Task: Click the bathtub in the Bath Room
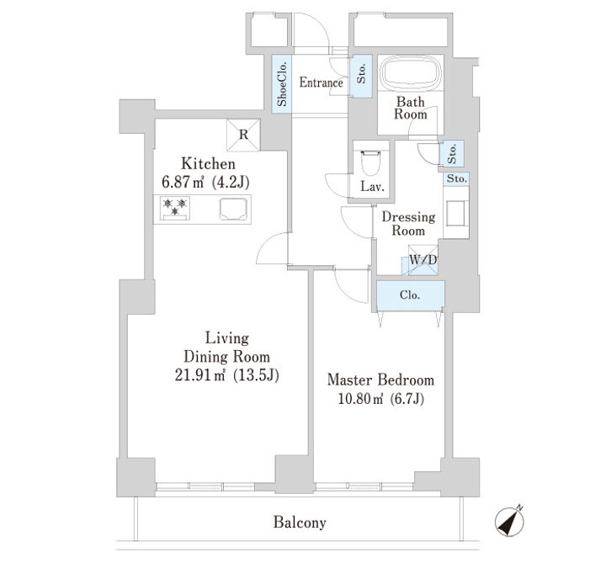pyautogui.click(x=410, y=73)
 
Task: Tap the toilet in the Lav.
pyautogui.click(x=370, y=162)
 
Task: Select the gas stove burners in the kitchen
pyautogui.click(x=175, y=208)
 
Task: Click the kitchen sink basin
pyautogui.click(x=233, y=209)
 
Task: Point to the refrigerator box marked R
pyautogui.click(x=243, y=135)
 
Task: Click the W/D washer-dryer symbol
pyautogui.click(x=423, y=260)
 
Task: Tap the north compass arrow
pyautogui.click(x=510, y=521)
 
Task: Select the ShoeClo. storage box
pyautogui.click(x=282, y=84)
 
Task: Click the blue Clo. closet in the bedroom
pyautogui.click(x=410, y=295)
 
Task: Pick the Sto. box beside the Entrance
pyautogui.click(x=361, y=76)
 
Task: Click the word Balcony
pyautogui.click(x=300, y=523)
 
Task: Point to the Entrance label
pyautogui.click(x=321, y=82)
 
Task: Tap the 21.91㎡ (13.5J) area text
pyautogui.click(x=227, y=374)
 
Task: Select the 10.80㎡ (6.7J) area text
pyautogui.click(x=381, y=398)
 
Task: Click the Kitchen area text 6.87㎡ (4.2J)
pyautogui.click(x=205, y=182)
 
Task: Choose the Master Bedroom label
pyautogui.click(x=380, y=380)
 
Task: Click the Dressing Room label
pyautogui.click(x=408, y=223)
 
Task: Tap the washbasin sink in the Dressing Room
pyautogui.click(x=456, y=213)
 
